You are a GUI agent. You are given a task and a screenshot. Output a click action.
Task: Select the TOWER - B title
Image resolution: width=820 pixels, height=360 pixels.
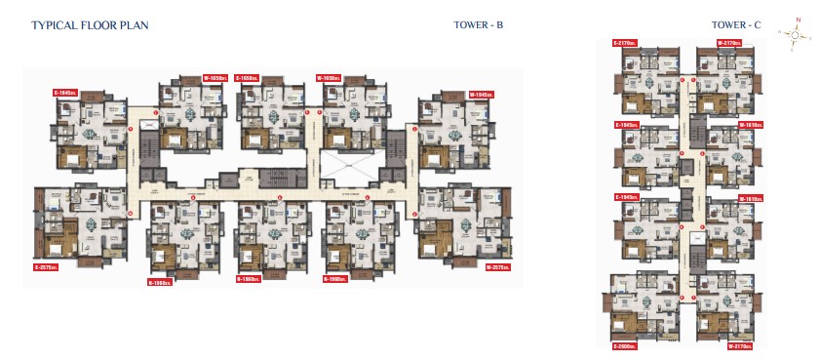click(x=479, y=25)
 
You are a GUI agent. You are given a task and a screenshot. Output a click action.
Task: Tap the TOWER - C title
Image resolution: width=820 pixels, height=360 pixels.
click(x=736, y=25)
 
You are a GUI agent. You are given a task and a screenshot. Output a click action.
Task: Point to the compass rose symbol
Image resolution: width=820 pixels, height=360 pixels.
click(x=796, y=34)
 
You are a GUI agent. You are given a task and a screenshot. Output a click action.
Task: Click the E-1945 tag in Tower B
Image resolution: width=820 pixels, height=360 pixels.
click(x=66, y=93)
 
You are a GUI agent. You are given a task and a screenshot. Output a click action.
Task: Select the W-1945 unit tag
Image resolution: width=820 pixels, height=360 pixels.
click(x=480, y=93)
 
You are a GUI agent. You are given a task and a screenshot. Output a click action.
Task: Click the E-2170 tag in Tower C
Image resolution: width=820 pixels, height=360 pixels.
click(x=625, y=43)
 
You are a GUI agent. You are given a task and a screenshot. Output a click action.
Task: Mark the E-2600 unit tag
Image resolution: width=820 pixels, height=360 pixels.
click(x=625, y=346)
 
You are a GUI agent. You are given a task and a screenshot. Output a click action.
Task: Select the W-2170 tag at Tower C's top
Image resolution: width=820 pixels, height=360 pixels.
click(x=730, y=43)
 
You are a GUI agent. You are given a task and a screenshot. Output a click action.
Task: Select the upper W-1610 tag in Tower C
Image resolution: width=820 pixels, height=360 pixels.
click(x=750, y=125)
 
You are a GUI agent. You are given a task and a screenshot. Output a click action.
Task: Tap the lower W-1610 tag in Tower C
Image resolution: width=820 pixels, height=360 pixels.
click(x=750, y=198)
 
